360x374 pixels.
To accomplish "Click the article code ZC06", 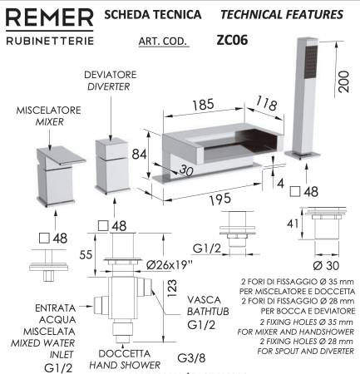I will pos(235,38).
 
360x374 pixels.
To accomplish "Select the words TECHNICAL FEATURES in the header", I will pos(290,15).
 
